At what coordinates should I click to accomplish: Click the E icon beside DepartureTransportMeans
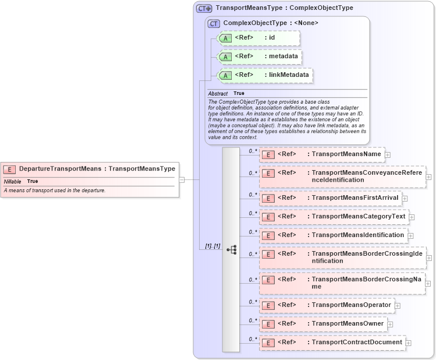(x=9, y=169)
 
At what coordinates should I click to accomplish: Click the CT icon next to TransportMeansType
(x=204, y=8)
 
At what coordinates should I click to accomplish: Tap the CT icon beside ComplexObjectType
(x=214, y=23)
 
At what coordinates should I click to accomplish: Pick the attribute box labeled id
(x=258, y=38)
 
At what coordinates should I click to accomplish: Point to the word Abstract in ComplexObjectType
(x=218, y=93)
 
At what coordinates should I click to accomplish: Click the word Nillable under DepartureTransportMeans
(x=12, y=181)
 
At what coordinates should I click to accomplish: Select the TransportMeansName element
(x=322, y=154)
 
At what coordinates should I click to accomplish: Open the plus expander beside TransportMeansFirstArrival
(x=405, y=199)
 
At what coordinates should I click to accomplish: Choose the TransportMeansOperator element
(x=327, y=305)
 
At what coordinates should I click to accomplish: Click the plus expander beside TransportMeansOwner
(x=390, y=324)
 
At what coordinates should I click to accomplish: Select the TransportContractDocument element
(x=332, y=343)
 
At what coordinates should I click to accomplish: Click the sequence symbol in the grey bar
(x=231, y=249)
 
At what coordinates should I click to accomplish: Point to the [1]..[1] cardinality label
(x=212, y=246)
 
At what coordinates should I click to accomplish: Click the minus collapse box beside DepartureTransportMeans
(x=182, y=179)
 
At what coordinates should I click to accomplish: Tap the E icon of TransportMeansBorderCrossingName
(x=268, y=284)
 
